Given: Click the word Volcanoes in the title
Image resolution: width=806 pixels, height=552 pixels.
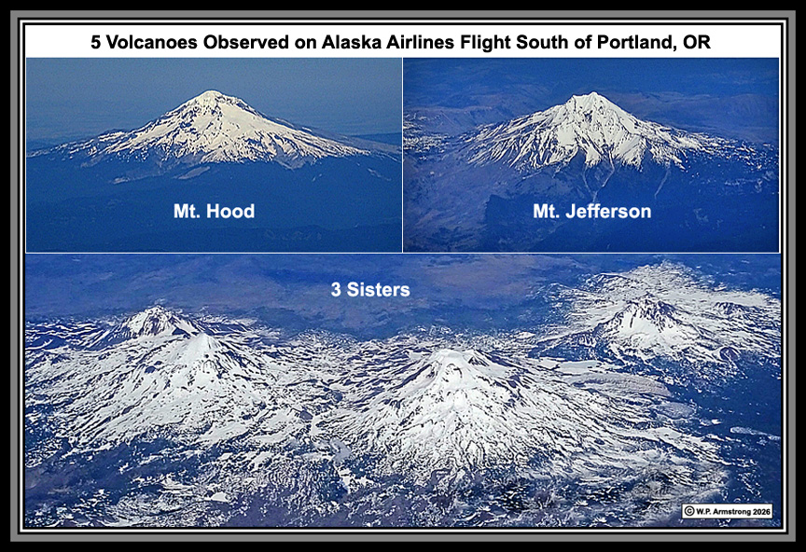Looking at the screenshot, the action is pos(149,42).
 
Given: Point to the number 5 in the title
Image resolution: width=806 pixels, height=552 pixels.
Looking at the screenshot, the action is pos(95,42).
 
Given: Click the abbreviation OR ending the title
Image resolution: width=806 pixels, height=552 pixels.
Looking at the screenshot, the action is pos(697,42).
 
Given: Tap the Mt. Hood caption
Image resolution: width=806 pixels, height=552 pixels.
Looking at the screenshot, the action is pos(214,212).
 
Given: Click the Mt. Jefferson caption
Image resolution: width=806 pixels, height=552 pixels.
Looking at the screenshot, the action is pos(591,212).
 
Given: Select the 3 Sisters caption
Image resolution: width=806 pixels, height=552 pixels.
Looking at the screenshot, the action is pos(370,289).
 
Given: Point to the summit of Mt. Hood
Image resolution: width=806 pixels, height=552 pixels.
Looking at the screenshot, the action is pos(211,92).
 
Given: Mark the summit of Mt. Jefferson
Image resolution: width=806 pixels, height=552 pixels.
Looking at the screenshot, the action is pos(592,94).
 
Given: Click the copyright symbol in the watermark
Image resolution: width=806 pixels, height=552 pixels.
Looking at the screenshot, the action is pos(689,511).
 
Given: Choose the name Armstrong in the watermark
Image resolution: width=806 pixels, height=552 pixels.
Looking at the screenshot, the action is pos(729,512).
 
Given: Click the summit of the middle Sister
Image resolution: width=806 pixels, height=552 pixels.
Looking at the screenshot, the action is pos(450,353).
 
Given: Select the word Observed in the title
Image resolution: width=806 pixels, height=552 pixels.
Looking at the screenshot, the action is pos(245,42).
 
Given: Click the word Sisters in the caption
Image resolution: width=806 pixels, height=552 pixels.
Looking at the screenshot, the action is pos(379,289).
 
